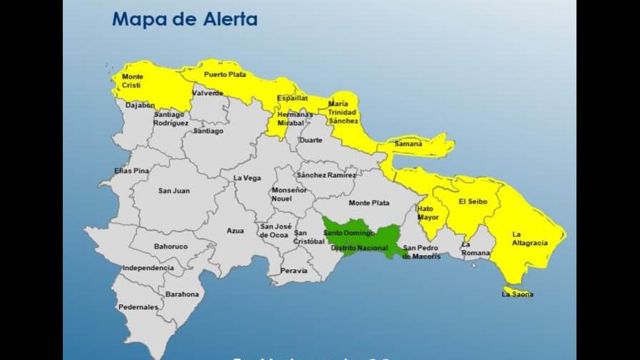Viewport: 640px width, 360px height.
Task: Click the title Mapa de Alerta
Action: [184, 19]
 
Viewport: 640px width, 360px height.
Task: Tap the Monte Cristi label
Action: [132, 81]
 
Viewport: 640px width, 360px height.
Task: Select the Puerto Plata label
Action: [224, 74]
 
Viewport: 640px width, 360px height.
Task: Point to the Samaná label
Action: [409, 144]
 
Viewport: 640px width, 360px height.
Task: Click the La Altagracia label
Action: [530, 239]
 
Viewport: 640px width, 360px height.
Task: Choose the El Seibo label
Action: [473, 201]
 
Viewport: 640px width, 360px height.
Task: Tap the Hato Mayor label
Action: [428, 213]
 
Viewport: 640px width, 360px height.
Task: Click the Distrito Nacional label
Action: [359, 247]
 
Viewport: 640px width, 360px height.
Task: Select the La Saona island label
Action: [517, 294]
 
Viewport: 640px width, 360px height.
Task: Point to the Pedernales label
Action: [139, 307]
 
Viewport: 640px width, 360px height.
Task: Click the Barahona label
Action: [182, 294]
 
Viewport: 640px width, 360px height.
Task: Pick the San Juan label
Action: [174, 191]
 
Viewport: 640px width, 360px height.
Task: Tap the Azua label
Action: [235, 231]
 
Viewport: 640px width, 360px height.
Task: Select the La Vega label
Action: [247, 178]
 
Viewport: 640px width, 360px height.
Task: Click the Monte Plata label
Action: [369, 203]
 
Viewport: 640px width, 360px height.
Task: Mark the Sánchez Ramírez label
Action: [326, 175]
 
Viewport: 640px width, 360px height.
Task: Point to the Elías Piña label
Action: [132, 171]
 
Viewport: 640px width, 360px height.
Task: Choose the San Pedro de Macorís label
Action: [421, 252]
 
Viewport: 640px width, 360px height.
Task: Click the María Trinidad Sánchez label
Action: [343, 112]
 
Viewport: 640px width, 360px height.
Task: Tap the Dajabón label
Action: [140, 105]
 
